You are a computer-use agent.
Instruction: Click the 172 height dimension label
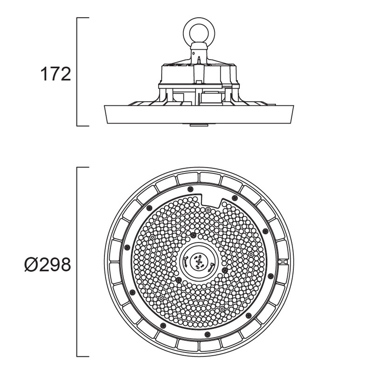(x=55, y=74)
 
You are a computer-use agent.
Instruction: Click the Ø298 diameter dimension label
(x=48, y=265)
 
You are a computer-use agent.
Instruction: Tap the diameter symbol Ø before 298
(x=31, y=265)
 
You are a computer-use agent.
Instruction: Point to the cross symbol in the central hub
(x=199, y=262)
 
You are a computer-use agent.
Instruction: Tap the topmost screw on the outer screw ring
(x=190, y=189)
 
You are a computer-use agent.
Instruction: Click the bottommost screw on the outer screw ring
(x=207, y=334)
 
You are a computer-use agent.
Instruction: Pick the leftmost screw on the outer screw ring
(x=127, y=248)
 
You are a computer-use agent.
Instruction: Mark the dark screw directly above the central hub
(x=193, y=235)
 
